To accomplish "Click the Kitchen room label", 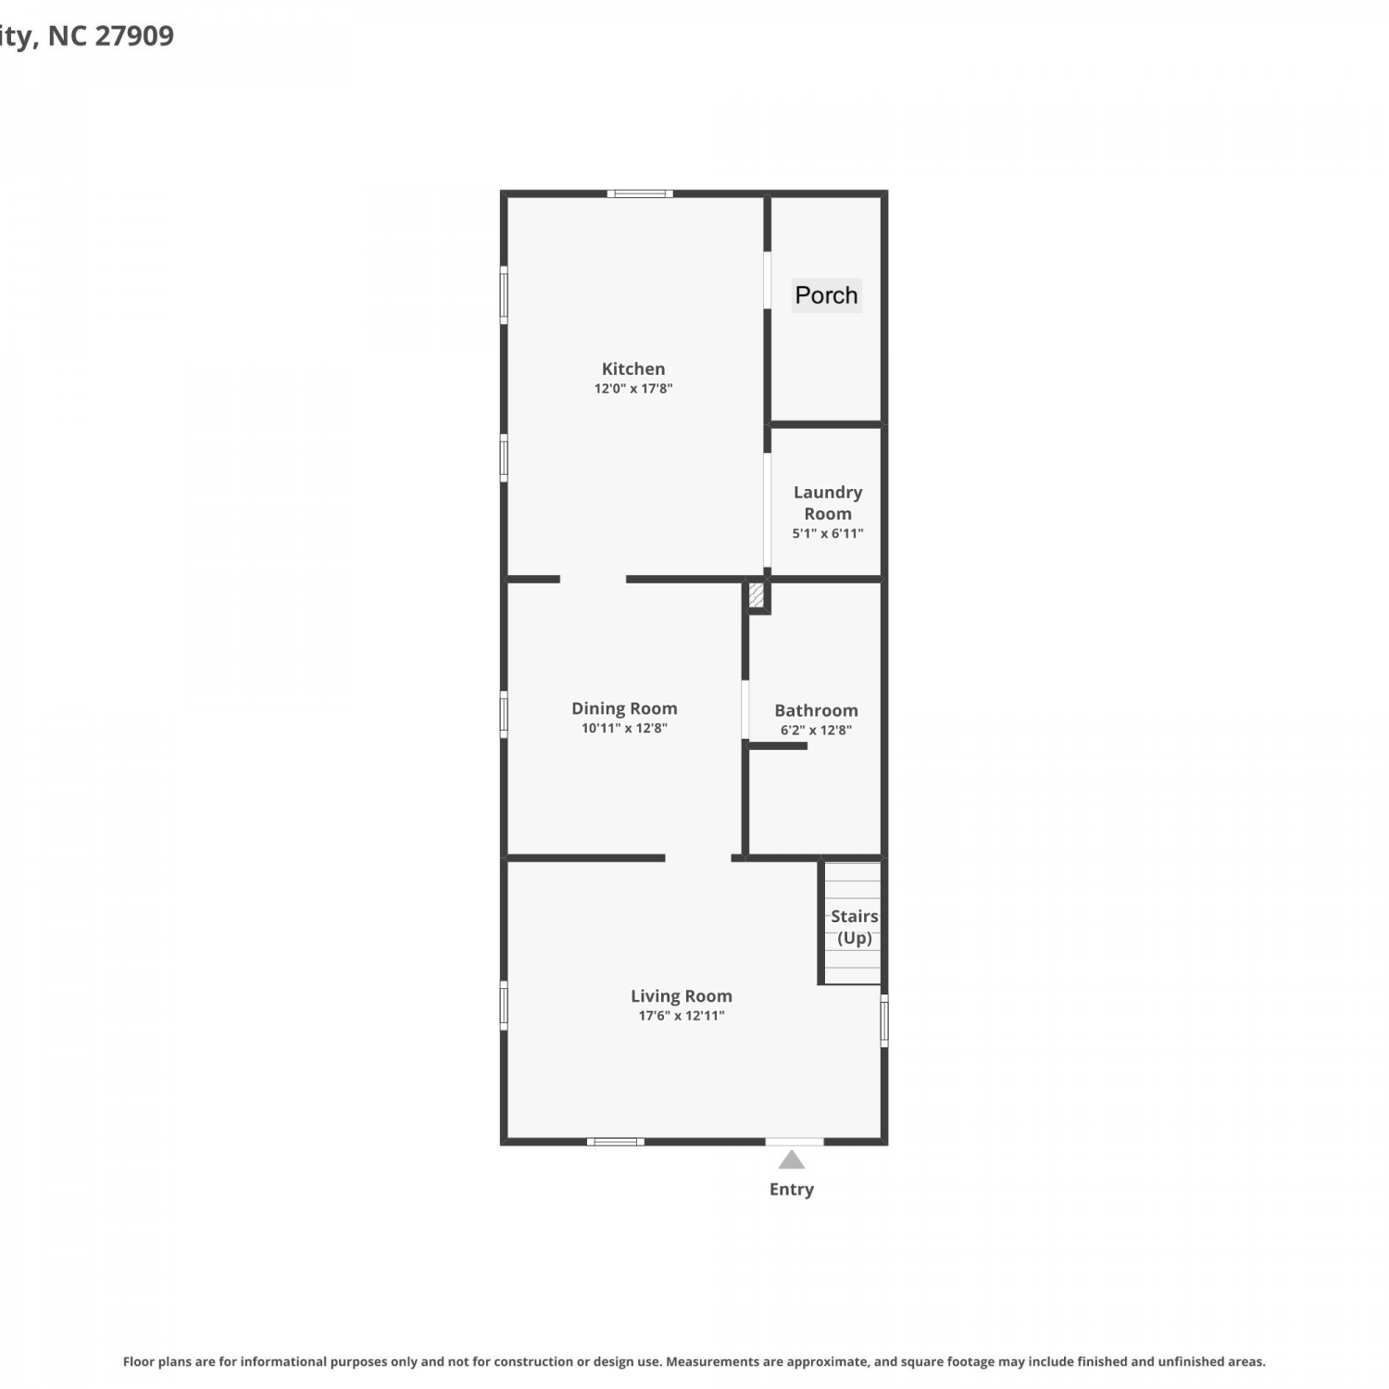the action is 633,369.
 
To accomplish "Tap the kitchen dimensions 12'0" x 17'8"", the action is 633,389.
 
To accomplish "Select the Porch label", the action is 827,295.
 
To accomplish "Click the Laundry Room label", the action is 828,503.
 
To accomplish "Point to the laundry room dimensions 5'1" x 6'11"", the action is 828,533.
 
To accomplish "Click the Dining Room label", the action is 624,708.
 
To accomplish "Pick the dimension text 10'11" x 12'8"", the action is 624,729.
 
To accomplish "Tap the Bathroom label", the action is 817,710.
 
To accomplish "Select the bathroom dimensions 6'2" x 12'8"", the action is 817,731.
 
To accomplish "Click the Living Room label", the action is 682,996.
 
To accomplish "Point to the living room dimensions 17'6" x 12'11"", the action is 682,1016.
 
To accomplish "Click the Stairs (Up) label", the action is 854,927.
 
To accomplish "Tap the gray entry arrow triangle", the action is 792,1159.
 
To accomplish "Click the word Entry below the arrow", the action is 792,1189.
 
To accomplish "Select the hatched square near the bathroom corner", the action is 757,594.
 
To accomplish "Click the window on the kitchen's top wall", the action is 640,194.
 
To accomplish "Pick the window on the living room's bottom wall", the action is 616,1142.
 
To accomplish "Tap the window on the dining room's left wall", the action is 504,715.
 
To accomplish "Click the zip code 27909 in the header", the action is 134,36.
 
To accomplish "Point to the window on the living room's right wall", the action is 884,1020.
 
